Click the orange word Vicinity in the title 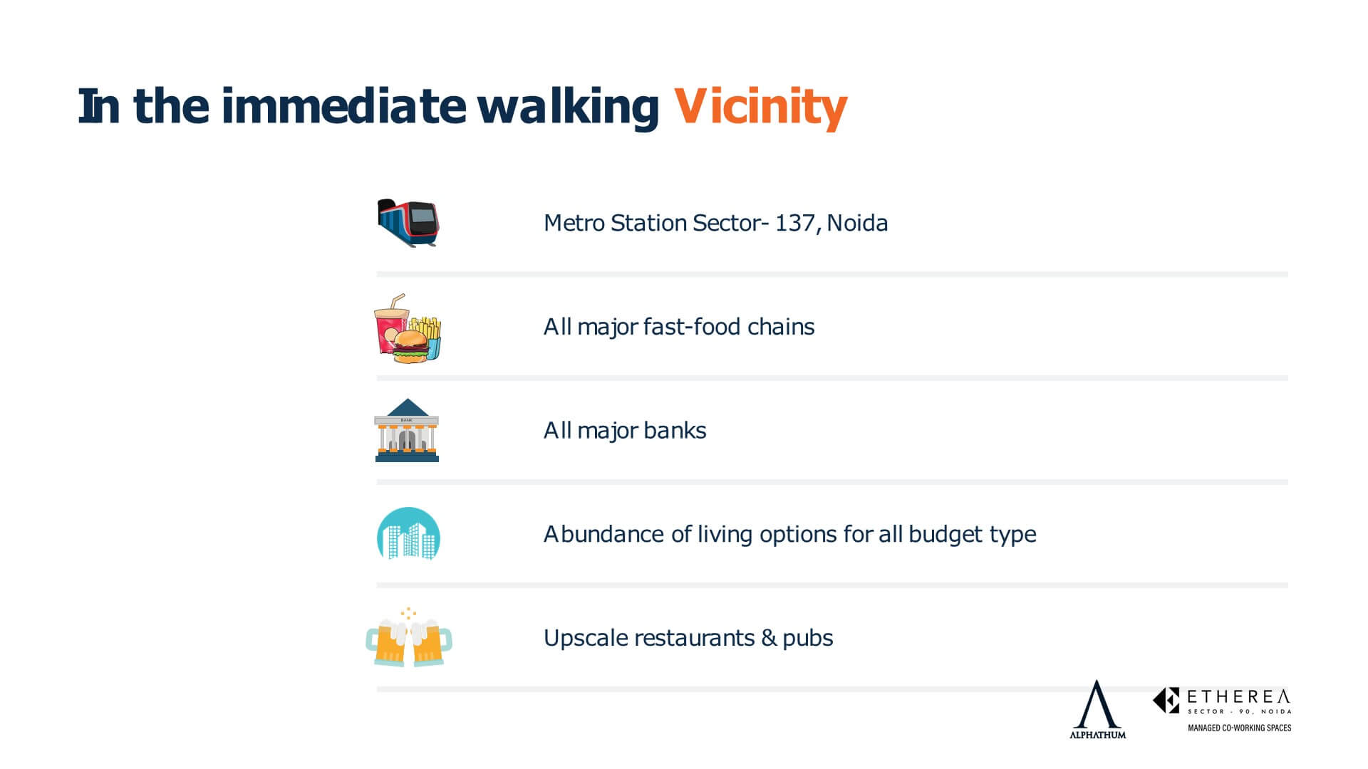point(761,108)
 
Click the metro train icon point(408,223)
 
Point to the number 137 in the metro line point(794,223)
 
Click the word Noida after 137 point(857,223)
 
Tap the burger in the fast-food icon point(410,347)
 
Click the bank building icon point(407,430)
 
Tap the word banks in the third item point(675,430)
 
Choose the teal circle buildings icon point(408,534)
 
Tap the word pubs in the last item point(808,639)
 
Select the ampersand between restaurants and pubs point(768,638)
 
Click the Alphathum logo point(1097,709)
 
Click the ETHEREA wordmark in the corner point(1238,696)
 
